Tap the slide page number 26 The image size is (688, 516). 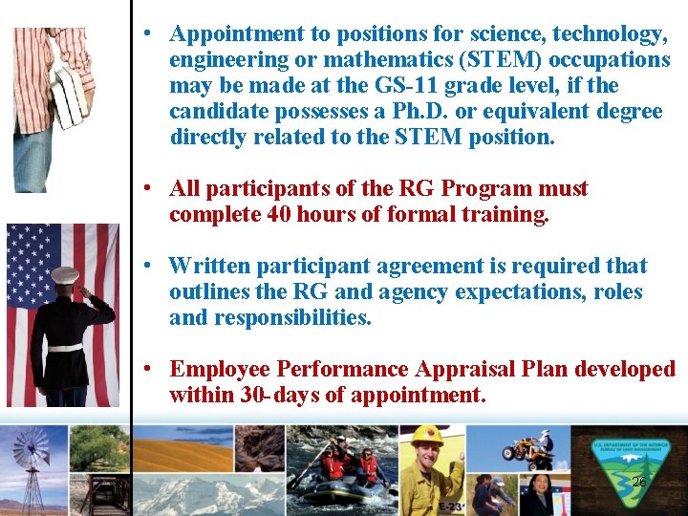[x=639, y=483]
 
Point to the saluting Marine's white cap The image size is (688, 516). [x=64, y=275]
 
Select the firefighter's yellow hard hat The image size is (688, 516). [x=426, y=436]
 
